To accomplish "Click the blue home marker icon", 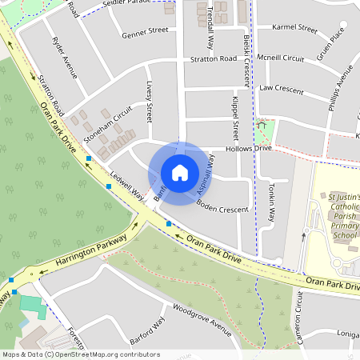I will click(x=180, y=172).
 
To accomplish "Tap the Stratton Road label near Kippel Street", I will click(x=214, y=58).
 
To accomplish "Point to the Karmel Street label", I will click(x=294, y=28).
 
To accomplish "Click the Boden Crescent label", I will click(x=222, y=209).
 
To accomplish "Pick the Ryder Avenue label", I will click(x=64, y=57).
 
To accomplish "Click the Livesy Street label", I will click(x=149, y=101).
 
